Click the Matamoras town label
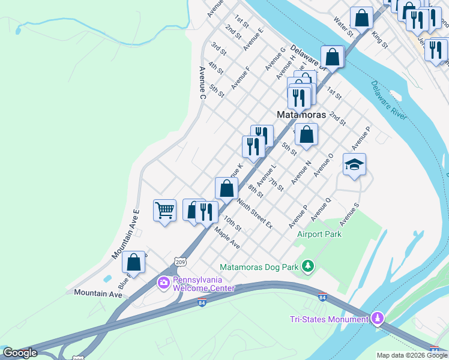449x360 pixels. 301,115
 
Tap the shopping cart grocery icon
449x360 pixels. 164,211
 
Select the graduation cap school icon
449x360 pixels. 354,164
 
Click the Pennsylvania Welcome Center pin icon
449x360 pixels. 163,282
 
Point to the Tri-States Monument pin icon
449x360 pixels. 378,317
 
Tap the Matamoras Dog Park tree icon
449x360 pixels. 308,265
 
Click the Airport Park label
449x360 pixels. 319,234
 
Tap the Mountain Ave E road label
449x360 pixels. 126,235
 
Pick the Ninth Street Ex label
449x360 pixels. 254,214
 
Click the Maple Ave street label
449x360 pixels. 228,238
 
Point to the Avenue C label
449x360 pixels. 202,82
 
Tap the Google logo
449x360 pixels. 20,353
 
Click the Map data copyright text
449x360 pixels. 411,355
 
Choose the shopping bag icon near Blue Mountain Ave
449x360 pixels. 133,262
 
